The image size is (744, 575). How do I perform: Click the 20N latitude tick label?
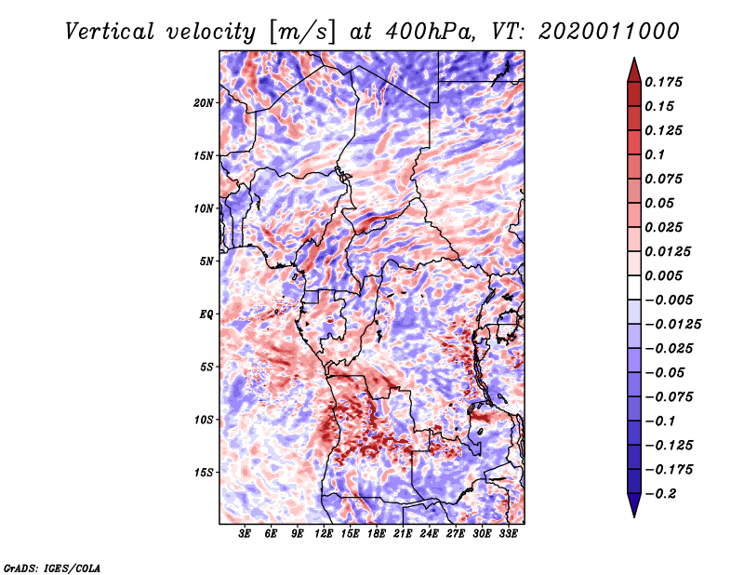coord(204,102)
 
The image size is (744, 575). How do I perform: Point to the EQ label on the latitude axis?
coord(206,314)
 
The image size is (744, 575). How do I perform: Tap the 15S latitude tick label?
coord(204,472)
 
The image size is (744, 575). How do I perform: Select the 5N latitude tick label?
coord(206,261)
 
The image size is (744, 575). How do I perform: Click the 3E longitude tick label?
coord(246,535)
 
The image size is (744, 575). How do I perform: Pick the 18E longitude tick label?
coord(378,535)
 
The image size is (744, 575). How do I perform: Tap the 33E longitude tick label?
coord(509,535)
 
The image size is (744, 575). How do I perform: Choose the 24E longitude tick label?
coord(430,535)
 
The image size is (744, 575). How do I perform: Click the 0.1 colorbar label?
coord(656,154)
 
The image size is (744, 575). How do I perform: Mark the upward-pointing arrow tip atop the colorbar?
coord(632,61)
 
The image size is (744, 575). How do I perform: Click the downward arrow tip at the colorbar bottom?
coord(632,513)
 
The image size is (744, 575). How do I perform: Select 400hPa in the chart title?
coord(431,32)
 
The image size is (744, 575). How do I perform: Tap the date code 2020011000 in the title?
coord(608,32)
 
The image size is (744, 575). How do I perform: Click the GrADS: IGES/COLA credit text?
coord(51,567)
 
